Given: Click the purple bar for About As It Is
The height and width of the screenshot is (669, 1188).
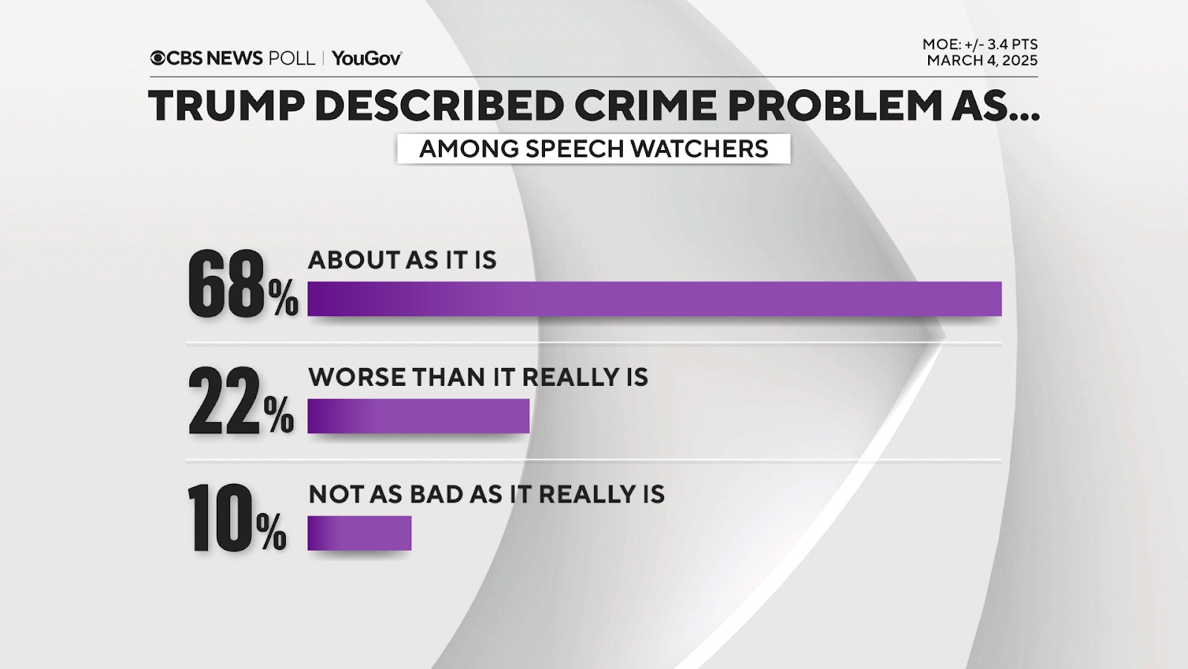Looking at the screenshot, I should pyautogui.click(x=654, y=299).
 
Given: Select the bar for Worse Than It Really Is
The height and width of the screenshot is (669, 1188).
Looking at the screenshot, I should pyautogui.click(x=418, y=416).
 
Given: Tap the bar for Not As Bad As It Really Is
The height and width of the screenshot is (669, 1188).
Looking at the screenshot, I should pyautogui.click(x=359, y=533).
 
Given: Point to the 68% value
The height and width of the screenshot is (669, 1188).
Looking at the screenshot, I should pyautogui.click(x=242, y=286).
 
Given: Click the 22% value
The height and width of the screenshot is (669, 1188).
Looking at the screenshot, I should pyautogui.click(x=241, y=402).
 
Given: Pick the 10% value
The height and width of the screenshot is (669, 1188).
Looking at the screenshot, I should pyautogui.click(x=236, y=519).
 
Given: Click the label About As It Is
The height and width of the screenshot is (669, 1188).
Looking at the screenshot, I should pyautogui.click(x=402, y=260).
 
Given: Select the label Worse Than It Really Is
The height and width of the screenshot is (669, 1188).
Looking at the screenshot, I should pyautogui.click(x=478, y=378).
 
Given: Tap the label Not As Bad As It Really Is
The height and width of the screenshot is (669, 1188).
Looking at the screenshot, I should pyautogui.click(x=486, y=494).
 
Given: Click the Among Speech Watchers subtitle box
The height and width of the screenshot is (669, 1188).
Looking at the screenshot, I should pyautogui.click(x=593, y=149).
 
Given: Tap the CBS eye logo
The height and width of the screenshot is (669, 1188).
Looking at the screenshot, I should pyautogui.click(x=157, y=58).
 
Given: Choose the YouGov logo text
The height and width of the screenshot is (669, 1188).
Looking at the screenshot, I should pyautogui.click(x=367, y=58).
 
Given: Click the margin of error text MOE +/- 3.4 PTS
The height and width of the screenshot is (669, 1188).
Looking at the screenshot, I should pyautogui.click(x=980, y=45).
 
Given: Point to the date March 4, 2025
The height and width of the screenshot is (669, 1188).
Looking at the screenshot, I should pyautogui.click(x=982, y=61).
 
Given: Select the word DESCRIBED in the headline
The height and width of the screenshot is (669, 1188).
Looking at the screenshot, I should pyautogui.click(x=439, y=106).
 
